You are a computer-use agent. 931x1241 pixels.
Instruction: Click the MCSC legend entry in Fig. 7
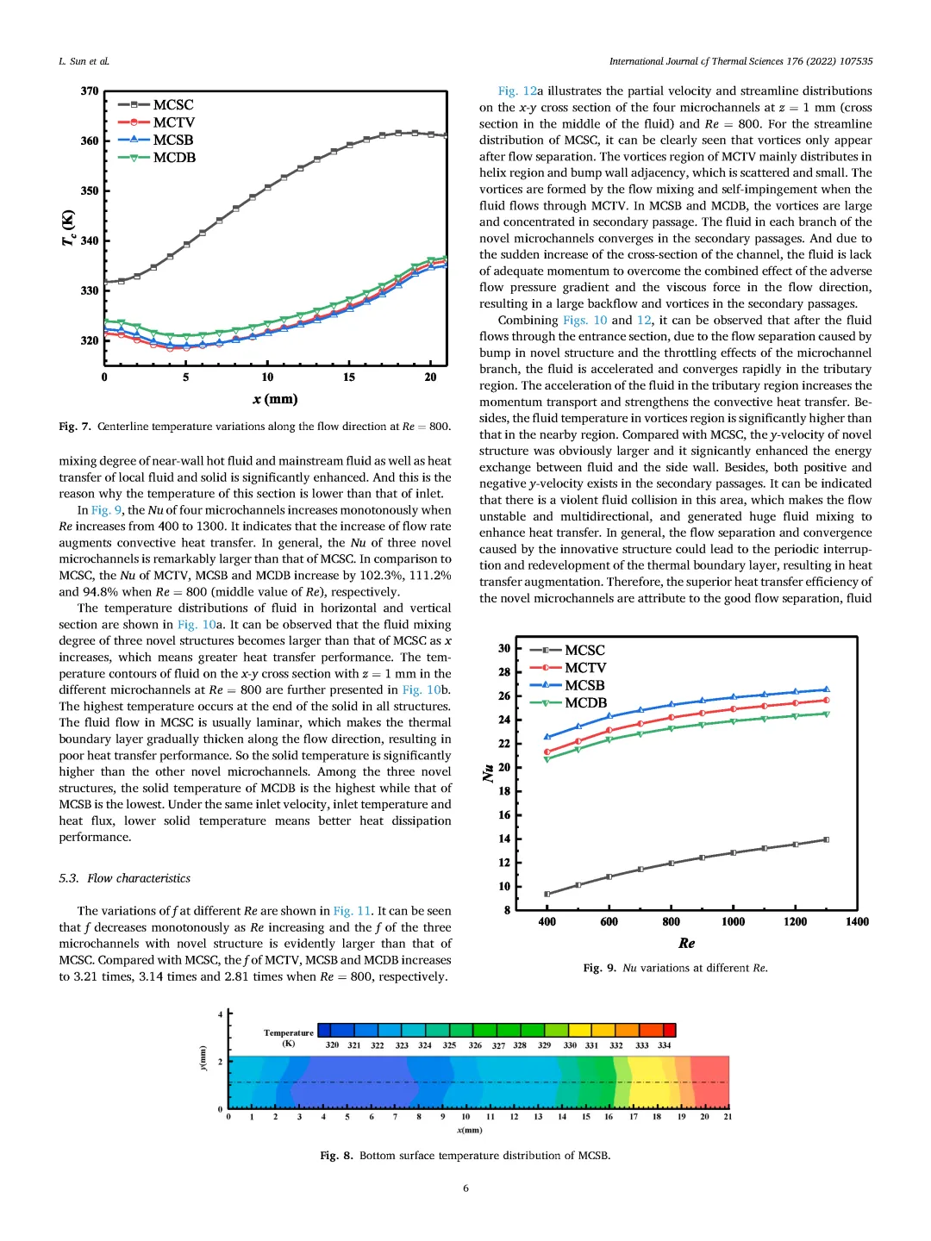pyautogui.click(x=173, y=105)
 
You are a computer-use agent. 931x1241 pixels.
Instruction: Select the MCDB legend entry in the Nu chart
pyautogui.click(x=585, y=703)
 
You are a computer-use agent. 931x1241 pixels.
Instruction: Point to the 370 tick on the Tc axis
pyautogui.click(x=90, y=91)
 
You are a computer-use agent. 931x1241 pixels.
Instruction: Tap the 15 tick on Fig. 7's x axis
pyautogui.click(x=349, y=377)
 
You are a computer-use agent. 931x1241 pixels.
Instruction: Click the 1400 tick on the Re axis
pyautogui.click(x=857, y=922)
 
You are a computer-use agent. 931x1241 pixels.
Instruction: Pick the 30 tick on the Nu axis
pyautogui.click(x=504, y=648)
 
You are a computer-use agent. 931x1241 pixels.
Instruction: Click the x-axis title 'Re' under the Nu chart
pyautogui.click(x=686, y=944)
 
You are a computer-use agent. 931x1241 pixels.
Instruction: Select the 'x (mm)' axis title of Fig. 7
pyautogui.click(x=275, y=399)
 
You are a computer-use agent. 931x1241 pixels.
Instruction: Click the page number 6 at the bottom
pyautogui.click(x=465, y=1188)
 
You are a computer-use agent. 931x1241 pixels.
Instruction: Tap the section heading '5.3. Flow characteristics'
pyautogui.click(x=125, y=878)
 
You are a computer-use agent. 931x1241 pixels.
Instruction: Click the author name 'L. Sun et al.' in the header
pyautogui.click(x=84, y=61)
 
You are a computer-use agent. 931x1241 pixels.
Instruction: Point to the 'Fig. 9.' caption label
pyautogui.click(x=600, y=968)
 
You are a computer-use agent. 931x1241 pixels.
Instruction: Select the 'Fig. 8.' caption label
pyautogui.click(x=336, y=1156)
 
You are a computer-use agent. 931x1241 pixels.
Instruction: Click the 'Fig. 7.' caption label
pyautogui.click(x=75, y=427)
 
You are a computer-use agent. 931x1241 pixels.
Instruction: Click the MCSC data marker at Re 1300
pyautogui.click(x=826, y=839)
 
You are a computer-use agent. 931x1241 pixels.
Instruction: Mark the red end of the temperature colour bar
pyautogui.click(x=669, y=1030)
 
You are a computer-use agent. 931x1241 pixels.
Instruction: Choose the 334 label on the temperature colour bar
pyautogui.click(x=665, y=1045)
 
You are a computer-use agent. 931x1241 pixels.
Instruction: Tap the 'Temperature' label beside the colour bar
pyautogui.click(x=289, y=1032)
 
